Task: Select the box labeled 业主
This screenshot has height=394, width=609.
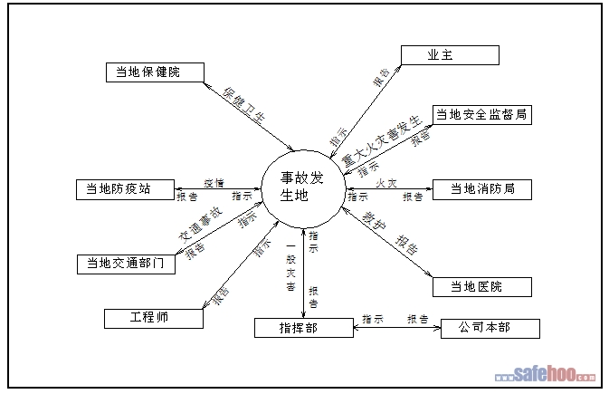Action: [450, 55]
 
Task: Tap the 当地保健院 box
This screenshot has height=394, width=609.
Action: [154, 72]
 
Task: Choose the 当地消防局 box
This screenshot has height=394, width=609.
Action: [481, 189]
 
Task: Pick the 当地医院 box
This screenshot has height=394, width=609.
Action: [481, 287]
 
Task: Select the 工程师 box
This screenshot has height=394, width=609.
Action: [154, 318]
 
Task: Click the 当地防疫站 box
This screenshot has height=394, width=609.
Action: [126, 189]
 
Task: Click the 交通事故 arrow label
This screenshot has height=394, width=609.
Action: [200, 222]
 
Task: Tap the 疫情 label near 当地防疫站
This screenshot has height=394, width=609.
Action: [214, 183]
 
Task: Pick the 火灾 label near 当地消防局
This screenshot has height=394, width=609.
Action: [386, 183]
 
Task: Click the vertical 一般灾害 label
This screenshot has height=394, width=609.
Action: [290, 266]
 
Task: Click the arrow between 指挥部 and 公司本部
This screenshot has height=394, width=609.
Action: [396, 328]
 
